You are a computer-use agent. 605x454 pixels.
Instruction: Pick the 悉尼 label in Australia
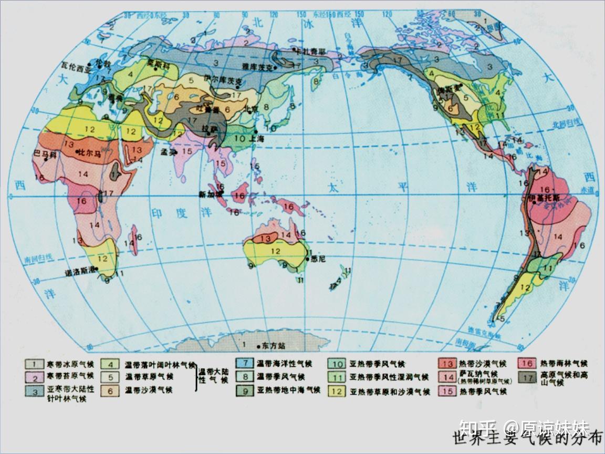point(318,259)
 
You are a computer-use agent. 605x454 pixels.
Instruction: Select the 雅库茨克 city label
point(257,66)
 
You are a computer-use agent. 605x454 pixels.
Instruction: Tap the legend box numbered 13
point(447,364)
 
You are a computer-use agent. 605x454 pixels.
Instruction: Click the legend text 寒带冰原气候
point(69,364)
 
